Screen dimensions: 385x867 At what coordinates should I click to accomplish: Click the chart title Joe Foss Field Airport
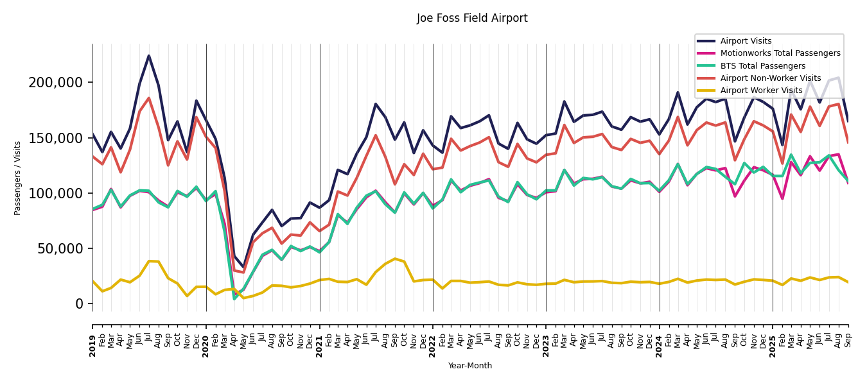[x=472, y=19]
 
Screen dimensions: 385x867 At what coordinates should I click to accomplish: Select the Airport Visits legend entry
[x=746, y=41]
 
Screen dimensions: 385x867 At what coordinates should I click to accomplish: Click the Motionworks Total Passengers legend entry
[x=780, y=53]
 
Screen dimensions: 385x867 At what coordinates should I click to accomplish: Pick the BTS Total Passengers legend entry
[x=762, y=66]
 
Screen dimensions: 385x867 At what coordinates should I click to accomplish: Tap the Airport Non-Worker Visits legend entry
[x=770, y=78]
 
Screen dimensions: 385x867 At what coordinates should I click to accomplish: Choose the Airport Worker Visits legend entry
[x=761, y=90]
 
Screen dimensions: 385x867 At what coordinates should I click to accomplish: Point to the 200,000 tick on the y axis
[x=56, y=83]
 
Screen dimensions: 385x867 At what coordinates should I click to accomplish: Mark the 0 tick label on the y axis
[x=80, y=304]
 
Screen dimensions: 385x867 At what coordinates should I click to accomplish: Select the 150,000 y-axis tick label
[x=56, y=138]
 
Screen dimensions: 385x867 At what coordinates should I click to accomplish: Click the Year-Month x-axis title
[x=470, y=366]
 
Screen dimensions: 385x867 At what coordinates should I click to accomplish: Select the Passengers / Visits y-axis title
[x=18, y=178]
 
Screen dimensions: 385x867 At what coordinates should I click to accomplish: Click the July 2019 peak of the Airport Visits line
[x=149, y=56]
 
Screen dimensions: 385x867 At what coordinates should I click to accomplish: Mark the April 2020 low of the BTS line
[x=234, y=298]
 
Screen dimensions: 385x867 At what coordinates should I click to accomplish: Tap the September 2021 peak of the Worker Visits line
[x=395, y=259]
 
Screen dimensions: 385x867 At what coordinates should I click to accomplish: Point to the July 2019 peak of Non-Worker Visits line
[x=149, y=98]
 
